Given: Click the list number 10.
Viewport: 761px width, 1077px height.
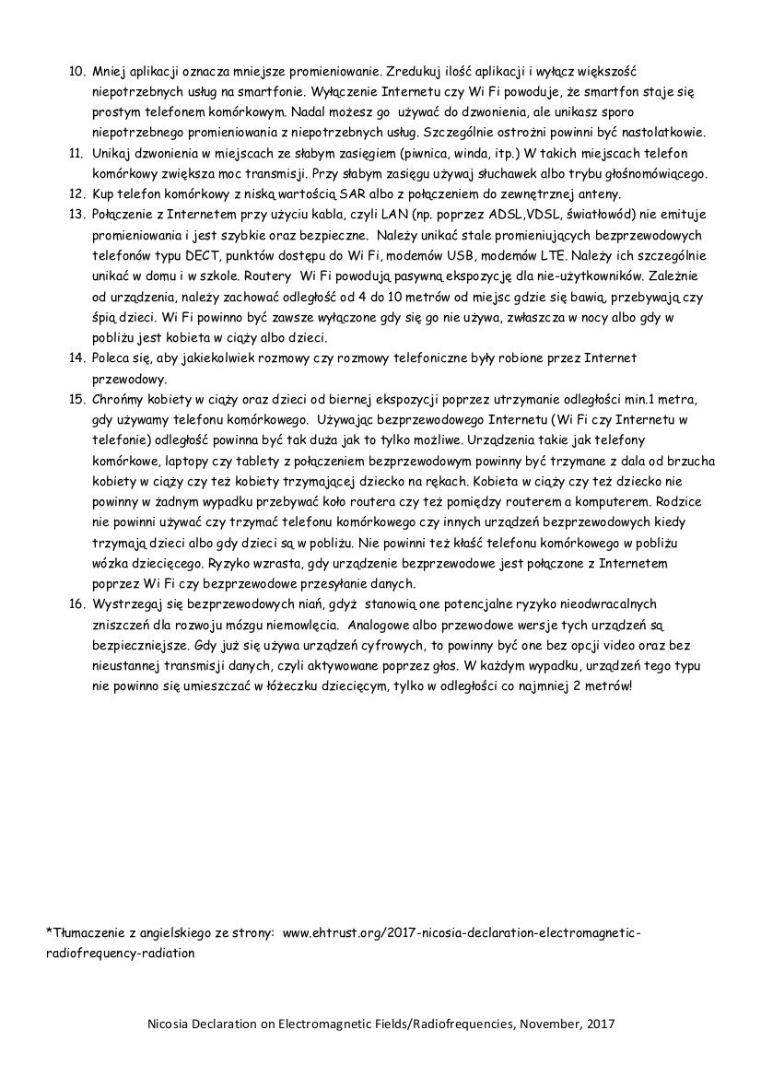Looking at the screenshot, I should pos(76,71).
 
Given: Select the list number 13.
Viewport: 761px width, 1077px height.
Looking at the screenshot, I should pos(76,214).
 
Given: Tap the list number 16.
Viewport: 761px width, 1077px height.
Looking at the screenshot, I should pos(76,603).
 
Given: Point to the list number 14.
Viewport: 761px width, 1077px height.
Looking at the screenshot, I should pos(76,357).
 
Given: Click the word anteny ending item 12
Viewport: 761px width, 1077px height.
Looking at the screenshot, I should pos(601,193).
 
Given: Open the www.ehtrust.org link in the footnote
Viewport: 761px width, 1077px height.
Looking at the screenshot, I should pos(461,933).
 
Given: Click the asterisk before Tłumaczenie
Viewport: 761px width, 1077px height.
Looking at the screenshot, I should pos(47,931).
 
